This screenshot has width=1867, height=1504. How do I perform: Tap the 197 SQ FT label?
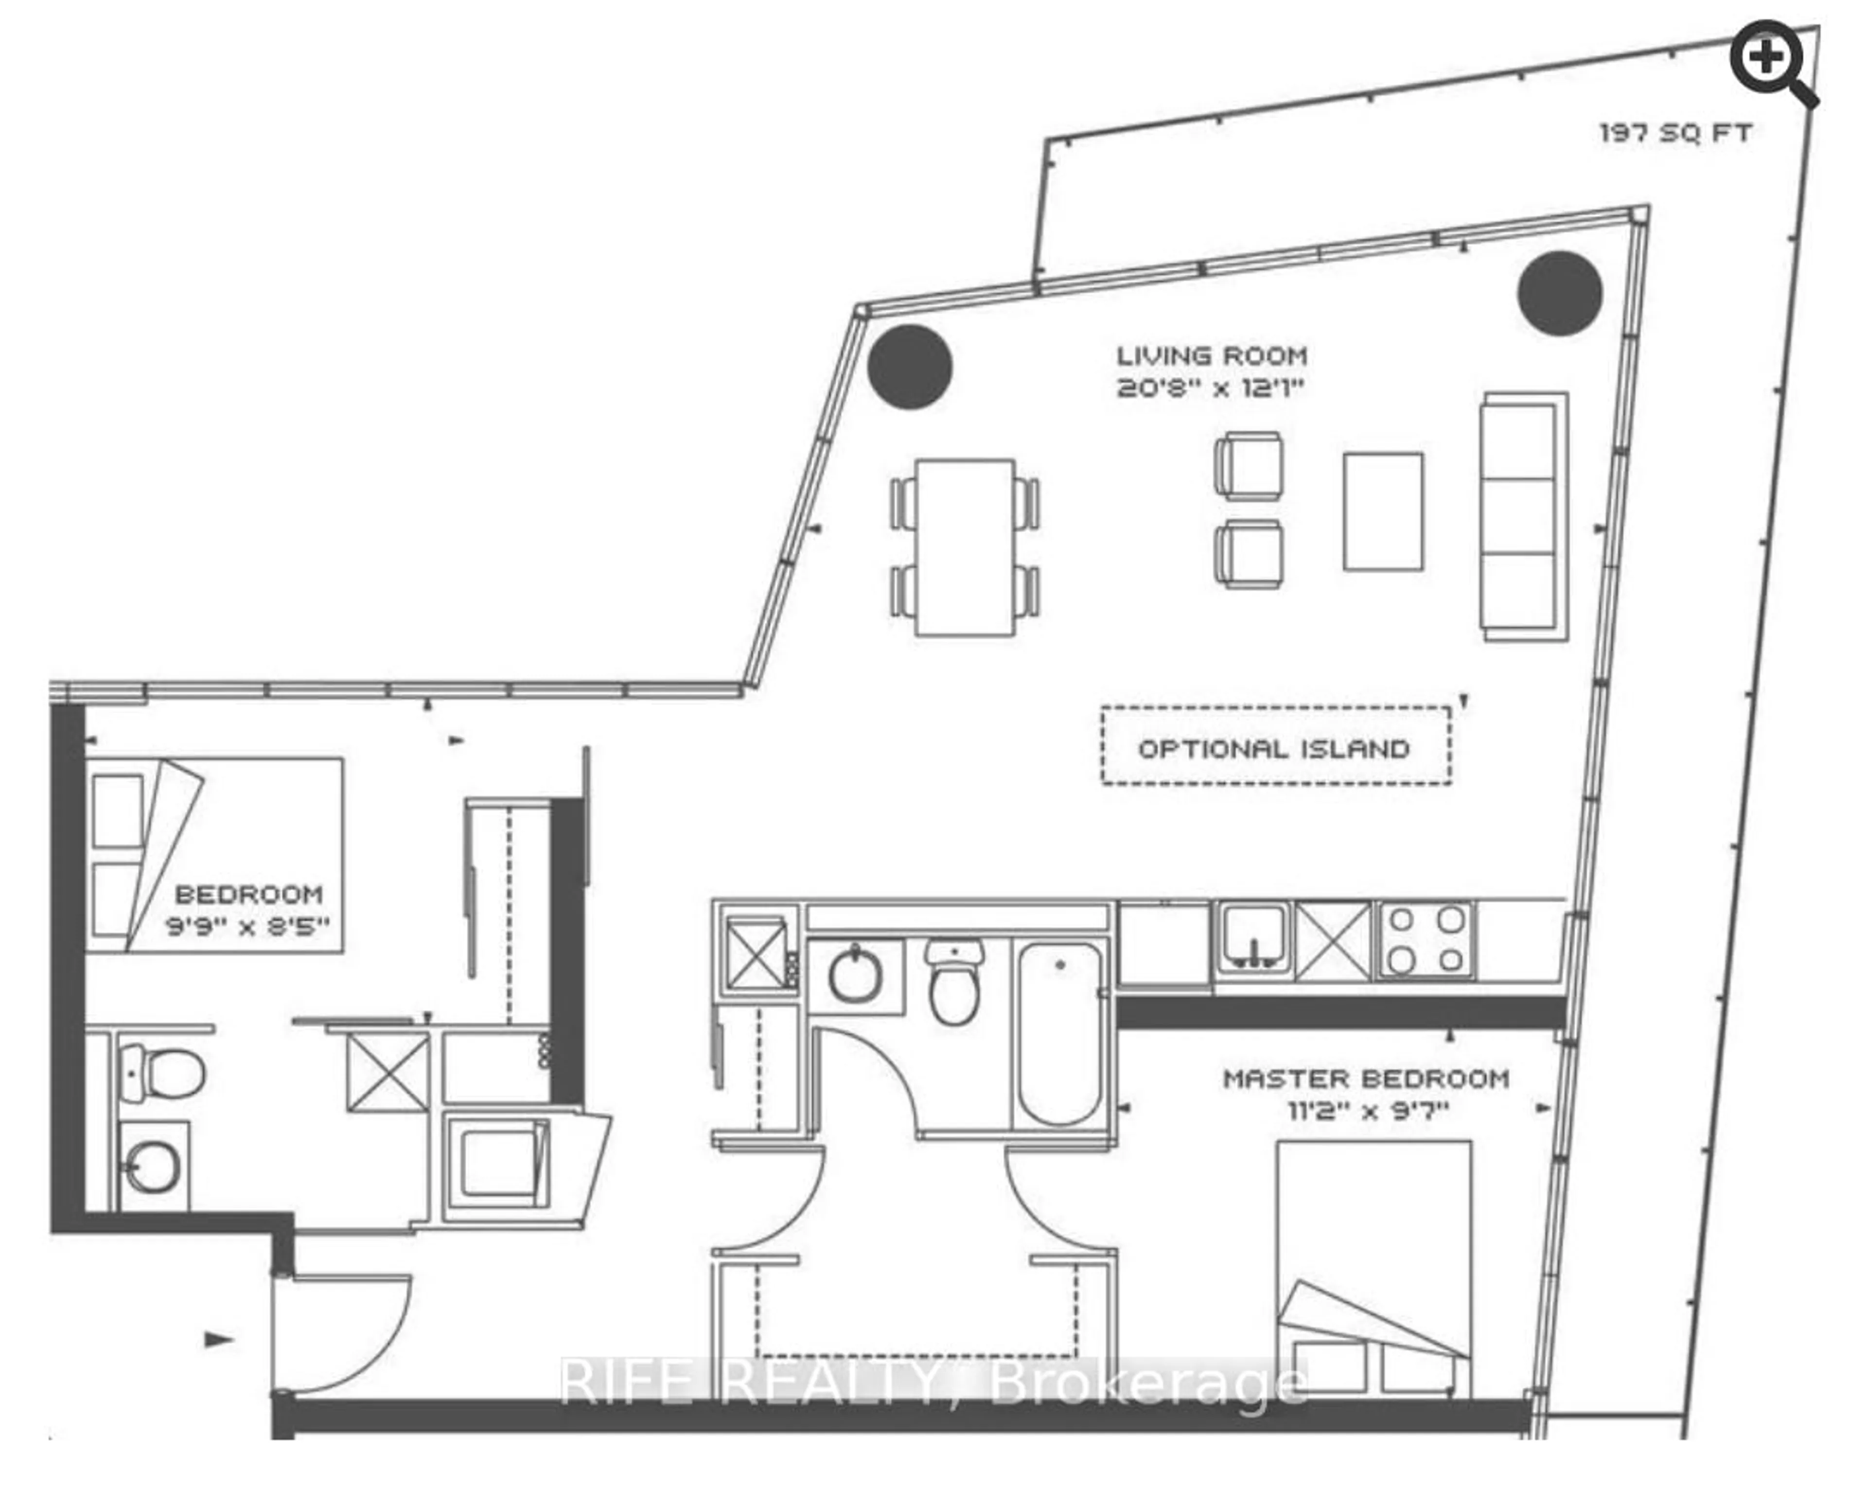[x=1675, y=133]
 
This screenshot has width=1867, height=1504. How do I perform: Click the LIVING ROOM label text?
[x=1211, y=356]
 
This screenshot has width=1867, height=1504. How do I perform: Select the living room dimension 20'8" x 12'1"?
[x=1210, y=387]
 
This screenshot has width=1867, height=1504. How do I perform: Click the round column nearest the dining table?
[x=910, y=367]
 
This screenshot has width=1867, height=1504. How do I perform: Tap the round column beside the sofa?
[x=1559, y=293]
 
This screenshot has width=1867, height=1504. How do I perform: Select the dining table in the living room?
[x=965, y=548]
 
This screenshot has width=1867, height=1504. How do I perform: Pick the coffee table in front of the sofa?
[x=1383, y=511]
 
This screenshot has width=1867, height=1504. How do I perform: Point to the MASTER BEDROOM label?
[x=1366, y=1079]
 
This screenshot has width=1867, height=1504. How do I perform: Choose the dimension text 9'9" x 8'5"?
[x=248, y=926]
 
